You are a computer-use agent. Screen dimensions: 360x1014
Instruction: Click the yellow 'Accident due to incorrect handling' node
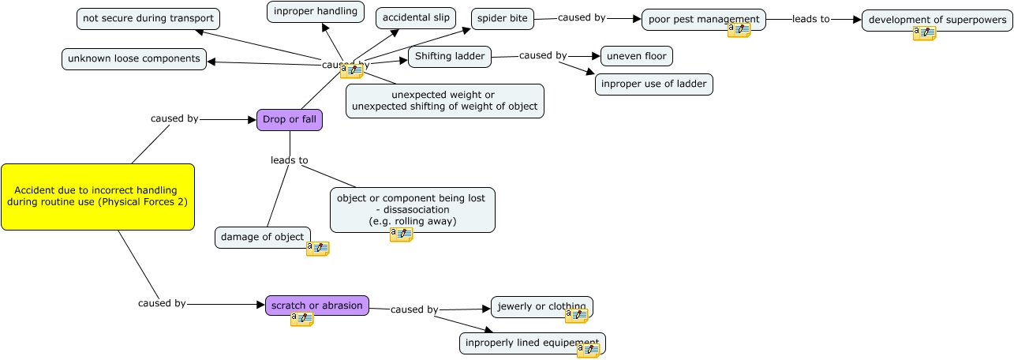click(x=97, y=197)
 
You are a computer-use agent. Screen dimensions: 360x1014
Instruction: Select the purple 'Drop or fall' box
click(x=290, y=120)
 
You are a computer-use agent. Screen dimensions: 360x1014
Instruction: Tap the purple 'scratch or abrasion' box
click(x=316, y=306)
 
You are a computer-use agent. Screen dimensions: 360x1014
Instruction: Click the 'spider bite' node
click(x=503, y=19)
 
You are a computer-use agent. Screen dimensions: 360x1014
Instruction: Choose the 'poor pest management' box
click(x=703, y=20)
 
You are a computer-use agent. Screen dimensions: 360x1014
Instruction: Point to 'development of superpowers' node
click(x=937, y=20)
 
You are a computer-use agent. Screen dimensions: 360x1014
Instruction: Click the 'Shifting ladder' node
click(x=450, y=57)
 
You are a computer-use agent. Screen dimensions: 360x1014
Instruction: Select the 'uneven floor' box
click(x=636, y=56)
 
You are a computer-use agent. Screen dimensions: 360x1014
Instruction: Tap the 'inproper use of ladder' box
click(x=653, y=84)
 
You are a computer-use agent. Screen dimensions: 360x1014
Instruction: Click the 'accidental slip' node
click(x=416, y=18)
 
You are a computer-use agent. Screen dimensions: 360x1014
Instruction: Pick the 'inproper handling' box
click(x=316, y=12)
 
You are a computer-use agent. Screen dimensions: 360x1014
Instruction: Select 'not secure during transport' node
click(x=148, y=19)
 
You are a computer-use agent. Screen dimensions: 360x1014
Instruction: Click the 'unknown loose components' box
click(x=134, y=59)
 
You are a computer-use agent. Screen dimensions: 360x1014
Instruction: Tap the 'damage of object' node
click(x=262, y=238)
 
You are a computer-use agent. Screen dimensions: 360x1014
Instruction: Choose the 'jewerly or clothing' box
click(x=541, y=307)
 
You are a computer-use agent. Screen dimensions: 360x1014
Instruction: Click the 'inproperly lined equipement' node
click(x=532, y=343)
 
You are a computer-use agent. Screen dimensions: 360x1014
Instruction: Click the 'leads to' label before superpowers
click(x=811, y=20)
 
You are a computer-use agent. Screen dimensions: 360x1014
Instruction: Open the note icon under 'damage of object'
click(x=317, y=249)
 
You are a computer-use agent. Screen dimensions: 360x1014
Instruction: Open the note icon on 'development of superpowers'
click(x=924, y=33)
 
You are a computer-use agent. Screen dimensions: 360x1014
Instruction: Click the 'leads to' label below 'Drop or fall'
click(x=289, y=160)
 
